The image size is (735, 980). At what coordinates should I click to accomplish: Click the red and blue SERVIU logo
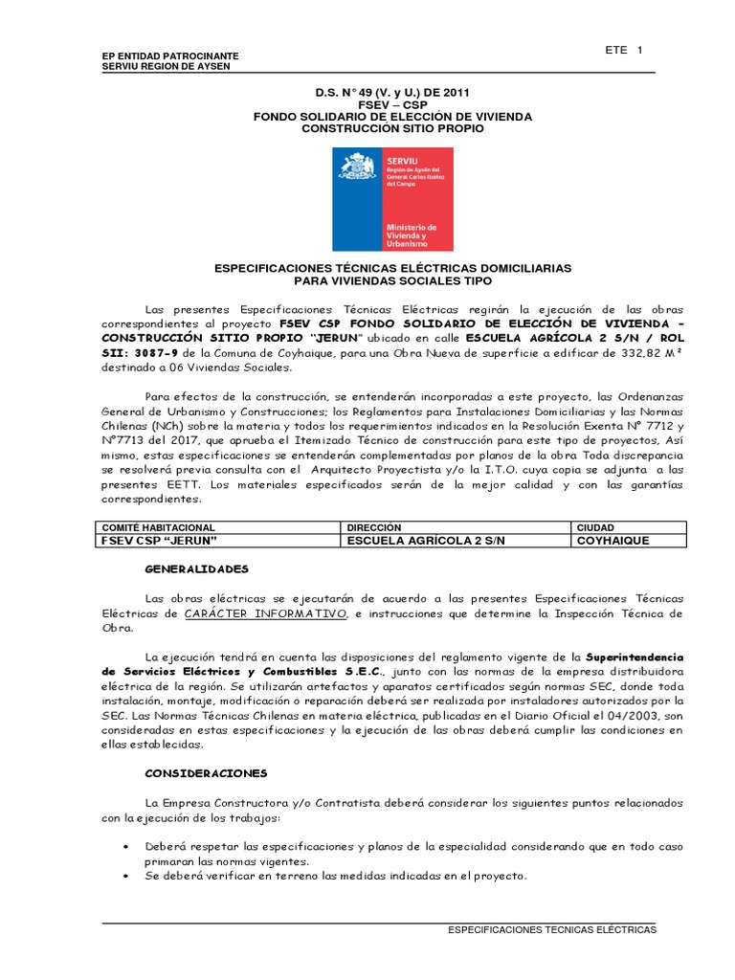coord(392,199)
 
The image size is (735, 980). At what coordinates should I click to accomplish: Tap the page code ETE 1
coord(624,51)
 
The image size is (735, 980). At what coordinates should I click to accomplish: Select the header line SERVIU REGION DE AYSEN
coord(166,66)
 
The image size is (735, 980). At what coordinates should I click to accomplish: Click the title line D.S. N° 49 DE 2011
coord(392,93)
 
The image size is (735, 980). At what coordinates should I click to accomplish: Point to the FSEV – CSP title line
coord(392,104)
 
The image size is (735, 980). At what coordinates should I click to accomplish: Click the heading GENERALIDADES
coord(196,568)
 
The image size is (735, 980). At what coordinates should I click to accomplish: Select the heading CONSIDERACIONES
coord(206,772)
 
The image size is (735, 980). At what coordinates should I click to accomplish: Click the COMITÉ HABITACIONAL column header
coord(158,527)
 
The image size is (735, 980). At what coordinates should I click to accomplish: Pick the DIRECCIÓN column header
coord(374,527)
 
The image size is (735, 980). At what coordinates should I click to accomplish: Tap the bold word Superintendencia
coord(634,657)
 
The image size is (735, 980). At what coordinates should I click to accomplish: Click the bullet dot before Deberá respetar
coord(128,848)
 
